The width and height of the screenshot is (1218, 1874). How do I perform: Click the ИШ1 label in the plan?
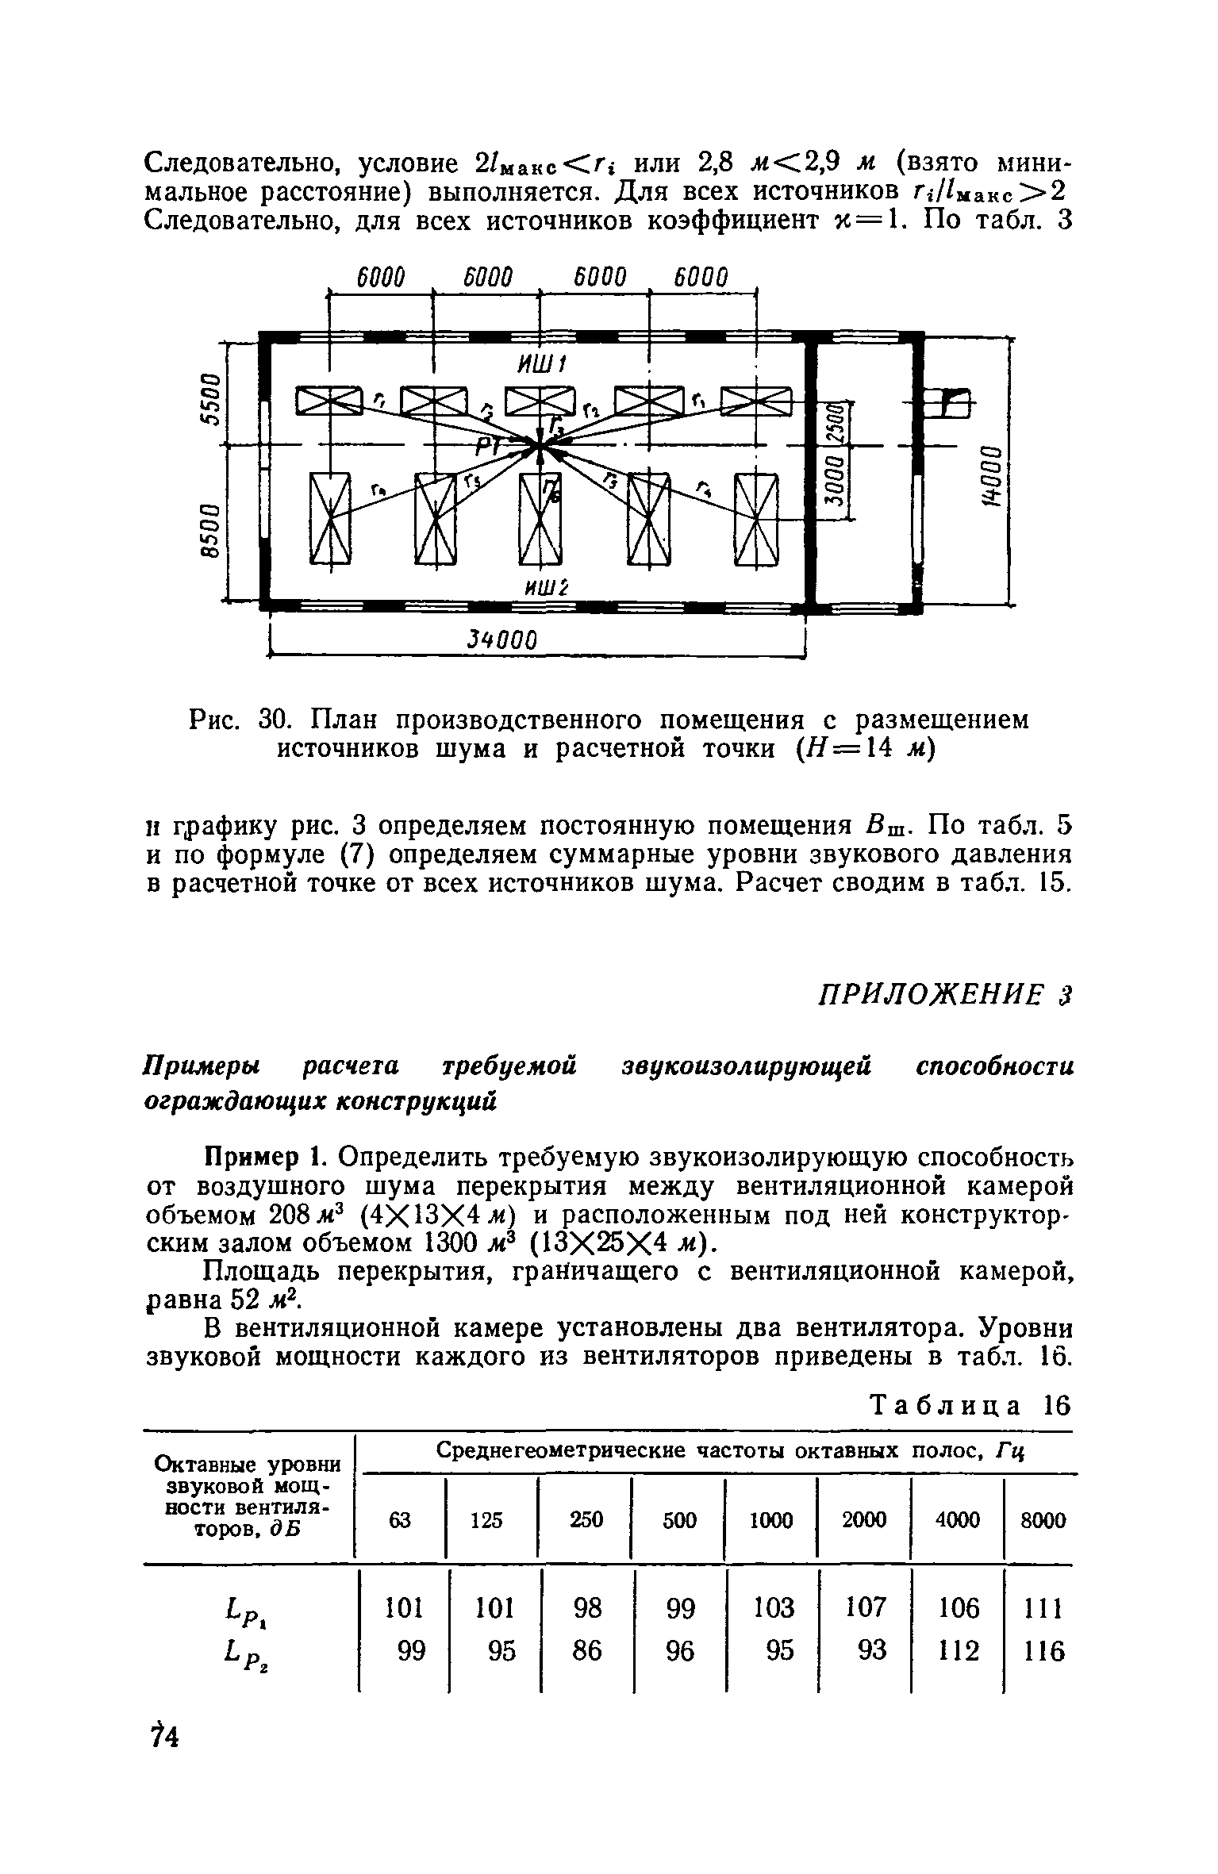[540, 366]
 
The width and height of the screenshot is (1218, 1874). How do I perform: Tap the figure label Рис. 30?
[231, 720]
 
